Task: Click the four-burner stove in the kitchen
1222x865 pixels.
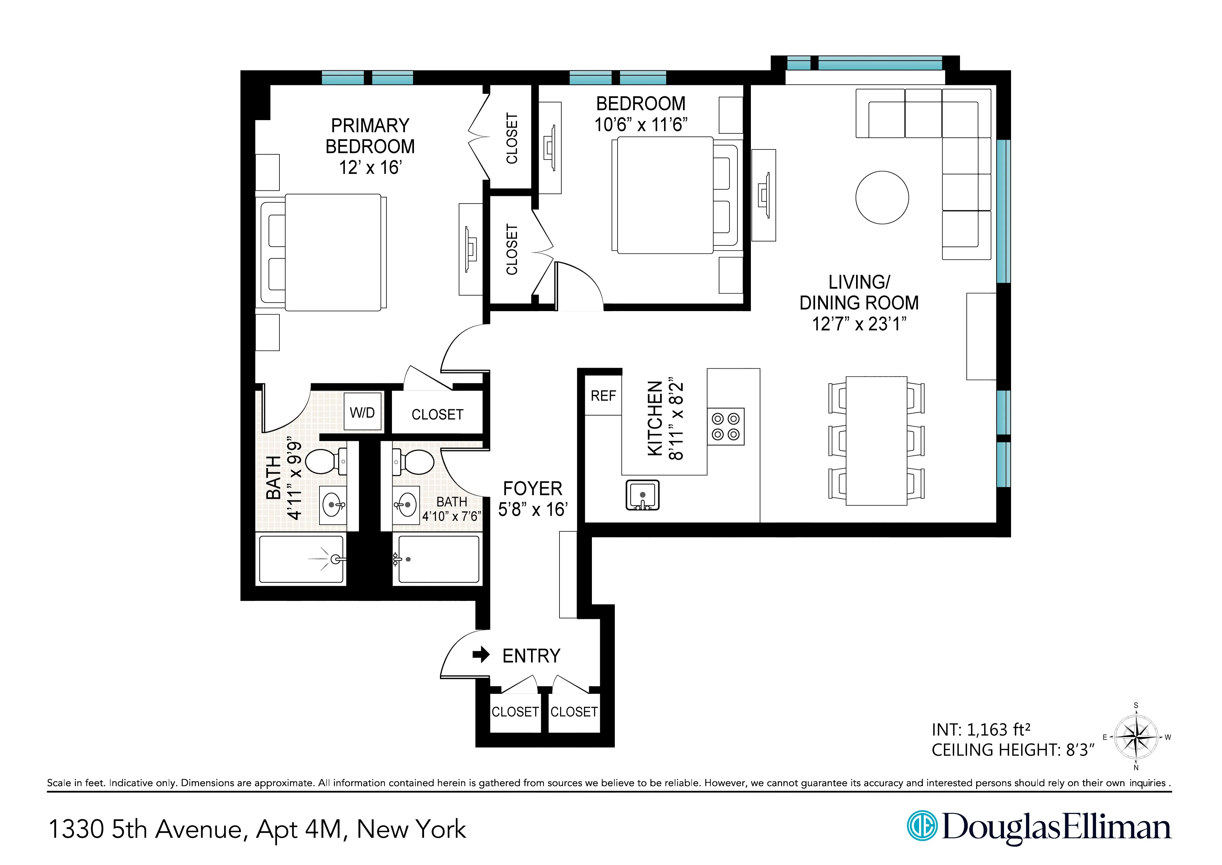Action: tap(726, 427)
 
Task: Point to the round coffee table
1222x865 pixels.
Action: tap(882, 197)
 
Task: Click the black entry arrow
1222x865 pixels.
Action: tap(481, 654)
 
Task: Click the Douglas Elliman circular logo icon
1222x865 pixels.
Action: tap(922, 826)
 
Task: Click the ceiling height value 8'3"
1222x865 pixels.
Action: tap(1080, 750)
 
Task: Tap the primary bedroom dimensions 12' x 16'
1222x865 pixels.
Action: tap(370, 167)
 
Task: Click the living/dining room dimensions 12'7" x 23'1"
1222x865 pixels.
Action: tap(859, 323)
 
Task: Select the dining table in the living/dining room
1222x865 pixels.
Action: tap(876, 441)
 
